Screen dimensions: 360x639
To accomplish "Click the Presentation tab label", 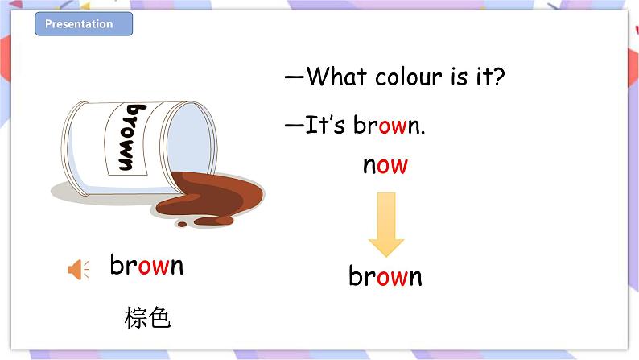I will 79,24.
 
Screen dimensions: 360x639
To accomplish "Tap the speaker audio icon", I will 78,271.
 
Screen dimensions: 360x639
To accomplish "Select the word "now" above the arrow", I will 385,165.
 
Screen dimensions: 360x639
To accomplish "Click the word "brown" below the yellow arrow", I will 385,276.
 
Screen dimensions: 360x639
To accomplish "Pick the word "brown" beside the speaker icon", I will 146,265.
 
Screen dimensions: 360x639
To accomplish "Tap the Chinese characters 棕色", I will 148,318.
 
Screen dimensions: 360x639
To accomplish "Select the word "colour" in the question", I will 405,77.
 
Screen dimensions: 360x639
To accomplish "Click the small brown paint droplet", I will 183,224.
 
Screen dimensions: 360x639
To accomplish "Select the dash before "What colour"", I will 294,78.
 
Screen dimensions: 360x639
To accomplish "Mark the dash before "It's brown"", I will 294,126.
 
